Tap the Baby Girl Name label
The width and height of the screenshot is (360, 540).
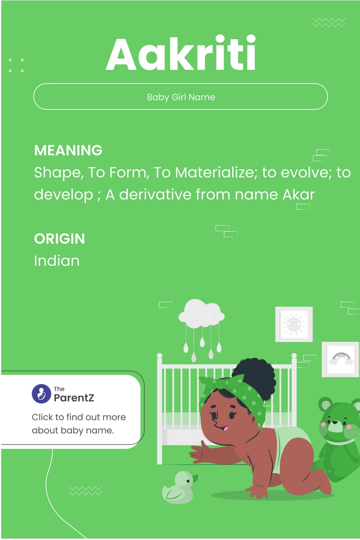point(180,97)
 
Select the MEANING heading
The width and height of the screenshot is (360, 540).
point(68,150)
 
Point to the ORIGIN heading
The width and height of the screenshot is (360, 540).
point(59,238)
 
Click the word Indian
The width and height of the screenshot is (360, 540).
point(57,261)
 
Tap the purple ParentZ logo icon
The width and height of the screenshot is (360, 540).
point(41,394)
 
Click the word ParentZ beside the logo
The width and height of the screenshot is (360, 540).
point(74,397)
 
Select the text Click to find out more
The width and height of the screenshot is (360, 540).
point(79,417)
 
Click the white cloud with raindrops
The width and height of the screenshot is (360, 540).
point(201,315)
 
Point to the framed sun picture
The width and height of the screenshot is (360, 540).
point(294,324)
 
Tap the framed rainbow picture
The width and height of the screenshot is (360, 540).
point(340,359)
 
